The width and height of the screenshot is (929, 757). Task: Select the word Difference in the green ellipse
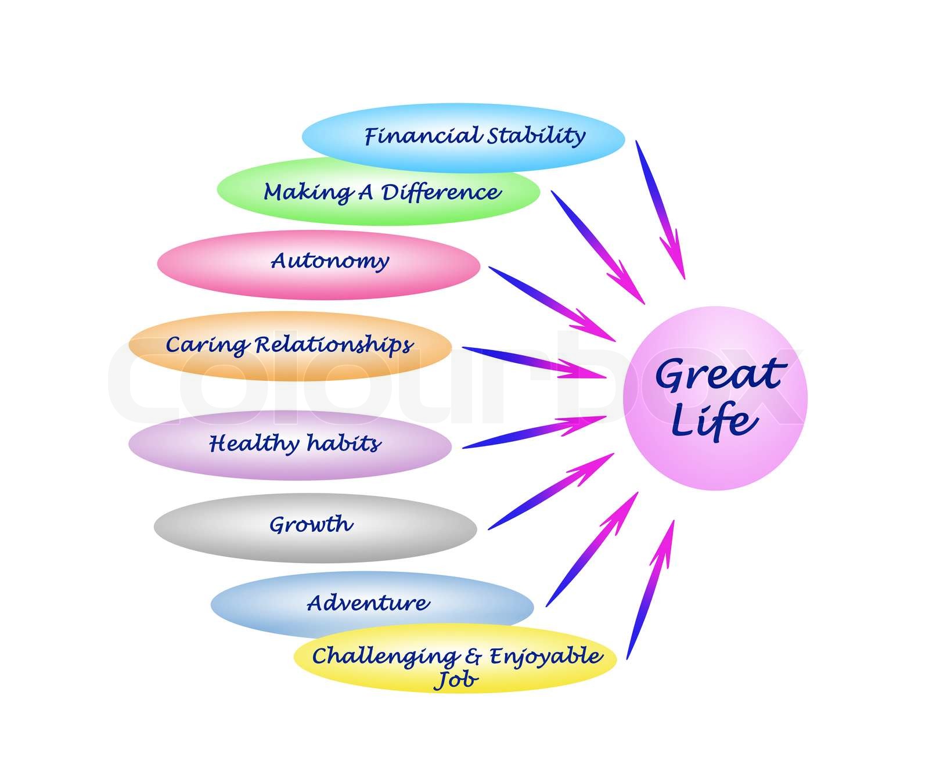[x=441, y=192]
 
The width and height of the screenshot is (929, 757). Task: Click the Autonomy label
[x=329, y=261]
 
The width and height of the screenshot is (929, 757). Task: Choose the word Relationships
[x=334, y=345]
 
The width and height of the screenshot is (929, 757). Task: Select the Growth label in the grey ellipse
[x=311, y=525]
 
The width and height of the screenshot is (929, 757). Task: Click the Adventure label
[x=368, y=603]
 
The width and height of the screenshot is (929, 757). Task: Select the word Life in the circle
[x=714, y=421]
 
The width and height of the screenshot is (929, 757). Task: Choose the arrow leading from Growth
[x=552, y=491]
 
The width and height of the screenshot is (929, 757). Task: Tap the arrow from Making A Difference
[x=598, y=247]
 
